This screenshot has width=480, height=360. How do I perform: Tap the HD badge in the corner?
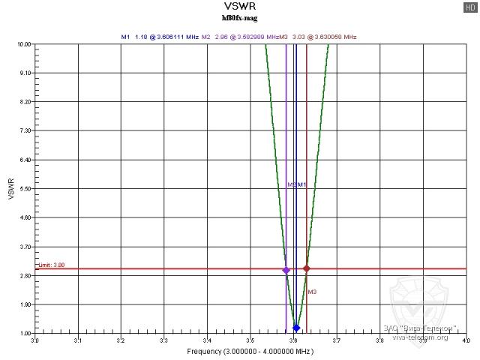471,7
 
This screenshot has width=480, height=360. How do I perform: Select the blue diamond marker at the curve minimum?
296,328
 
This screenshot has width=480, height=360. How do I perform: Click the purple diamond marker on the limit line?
286,270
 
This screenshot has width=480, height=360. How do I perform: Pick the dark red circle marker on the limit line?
307,268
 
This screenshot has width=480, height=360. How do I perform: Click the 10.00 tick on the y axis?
23,44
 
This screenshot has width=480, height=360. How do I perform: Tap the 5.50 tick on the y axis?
25,189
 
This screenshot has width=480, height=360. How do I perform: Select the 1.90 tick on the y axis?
25,304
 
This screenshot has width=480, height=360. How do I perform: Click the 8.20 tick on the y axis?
25,102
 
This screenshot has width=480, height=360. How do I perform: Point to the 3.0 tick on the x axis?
34,340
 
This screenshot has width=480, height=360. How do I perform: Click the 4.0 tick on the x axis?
466,340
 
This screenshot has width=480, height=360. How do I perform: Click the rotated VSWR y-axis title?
10,188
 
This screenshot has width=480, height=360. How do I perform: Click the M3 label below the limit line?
312,292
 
